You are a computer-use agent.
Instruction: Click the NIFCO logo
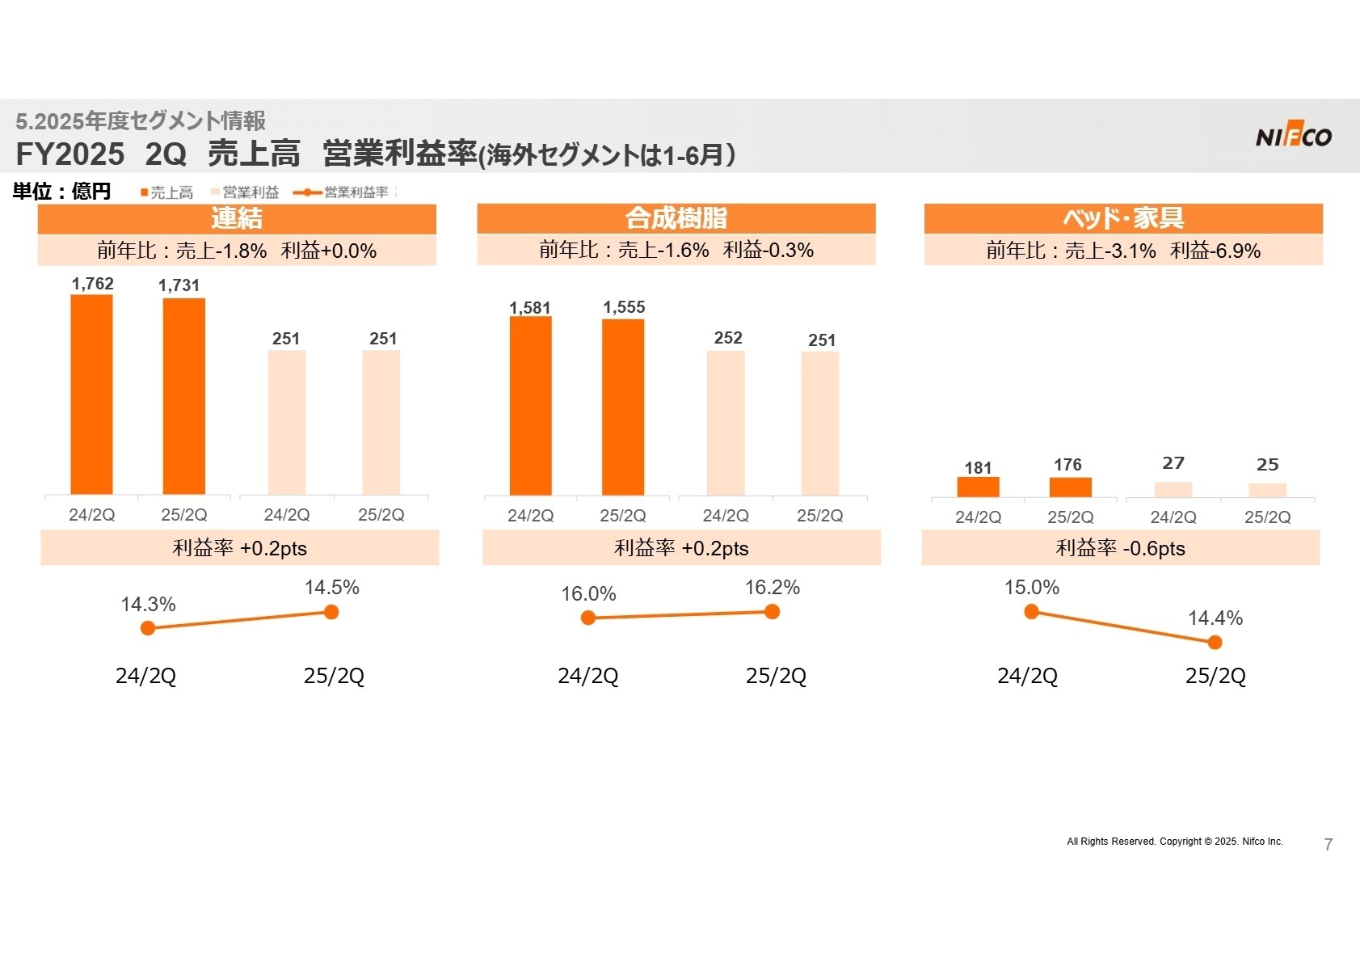[x=1293, y=137]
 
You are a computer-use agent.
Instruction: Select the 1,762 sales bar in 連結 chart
[x=91, y=394]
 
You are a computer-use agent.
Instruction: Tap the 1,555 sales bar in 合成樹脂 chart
[x=623, y=407]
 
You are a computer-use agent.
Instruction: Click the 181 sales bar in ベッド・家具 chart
[x=978, y=487]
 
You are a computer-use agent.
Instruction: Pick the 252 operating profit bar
[x=726, y=423]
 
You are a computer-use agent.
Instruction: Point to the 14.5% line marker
[x=331, y=612]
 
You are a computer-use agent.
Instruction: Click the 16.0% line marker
[x=588, y=618]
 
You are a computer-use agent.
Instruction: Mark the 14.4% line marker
[x=1215, y=643]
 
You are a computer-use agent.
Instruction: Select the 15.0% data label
[x=1031, y=588]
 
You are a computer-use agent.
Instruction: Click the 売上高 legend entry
[x=167, y=192]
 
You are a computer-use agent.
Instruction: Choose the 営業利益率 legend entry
[x=341, y=192]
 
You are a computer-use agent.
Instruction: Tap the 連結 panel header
[x=237, y=218]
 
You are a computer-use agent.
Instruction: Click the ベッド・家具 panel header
[x=1123, y=218]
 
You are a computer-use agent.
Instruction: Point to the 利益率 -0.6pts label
[x=1120, y=548]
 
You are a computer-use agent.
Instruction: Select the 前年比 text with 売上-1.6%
[x=676, y=250]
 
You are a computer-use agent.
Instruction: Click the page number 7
[x=1328, y=845]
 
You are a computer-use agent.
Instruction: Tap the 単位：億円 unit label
[x=61, y=192]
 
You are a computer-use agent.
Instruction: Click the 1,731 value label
[x=179, y=285]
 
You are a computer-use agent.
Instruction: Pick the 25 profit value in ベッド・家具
[x=1267, y=465]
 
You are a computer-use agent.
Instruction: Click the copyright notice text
[x=1174, y=842]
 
